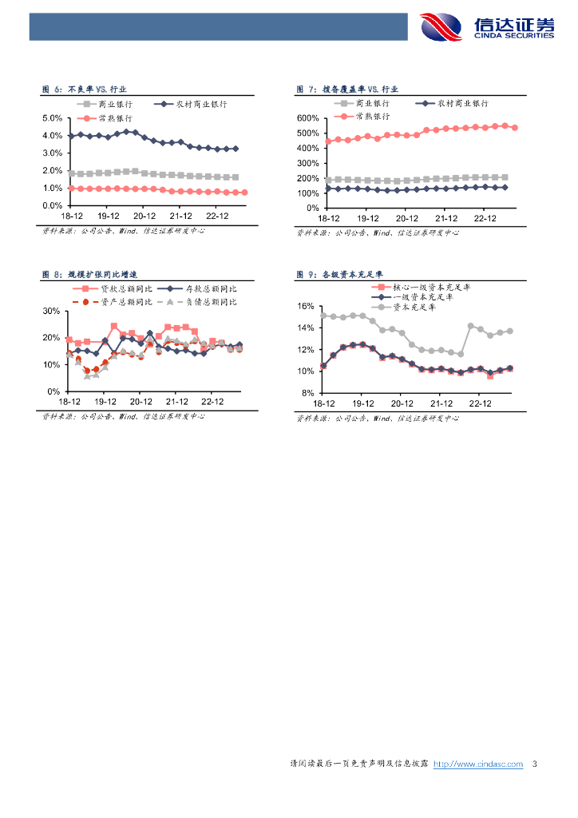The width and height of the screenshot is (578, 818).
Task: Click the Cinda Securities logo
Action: tap(488, 26)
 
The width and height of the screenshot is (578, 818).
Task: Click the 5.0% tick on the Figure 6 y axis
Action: tap(52, 118)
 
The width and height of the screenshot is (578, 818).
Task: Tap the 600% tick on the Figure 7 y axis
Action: tap(307, 118)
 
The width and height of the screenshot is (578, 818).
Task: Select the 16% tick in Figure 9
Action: tap(307, 306)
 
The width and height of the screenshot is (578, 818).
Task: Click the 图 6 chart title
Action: tap(84, 90)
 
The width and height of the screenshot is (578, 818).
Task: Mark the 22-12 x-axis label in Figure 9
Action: tap(480, 404)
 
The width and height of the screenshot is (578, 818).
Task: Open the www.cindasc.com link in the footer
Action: tap(477, 764)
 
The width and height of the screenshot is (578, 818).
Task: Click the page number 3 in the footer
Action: tap(534, 764)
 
